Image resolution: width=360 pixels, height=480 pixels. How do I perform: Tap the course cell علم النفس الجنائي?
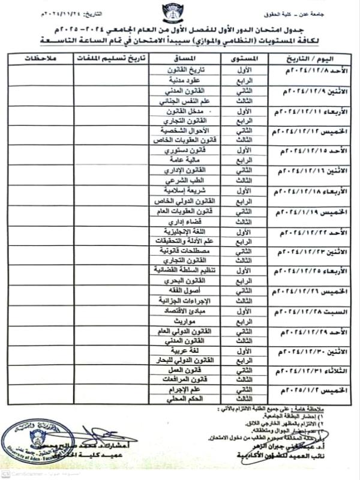coord(187,102)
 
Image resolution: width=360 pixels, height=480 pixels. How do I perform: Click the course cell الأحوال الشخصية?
coord(187,130)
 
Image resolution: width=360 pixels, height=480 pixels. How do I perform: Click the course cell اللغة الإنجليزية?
coord(187,231)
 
